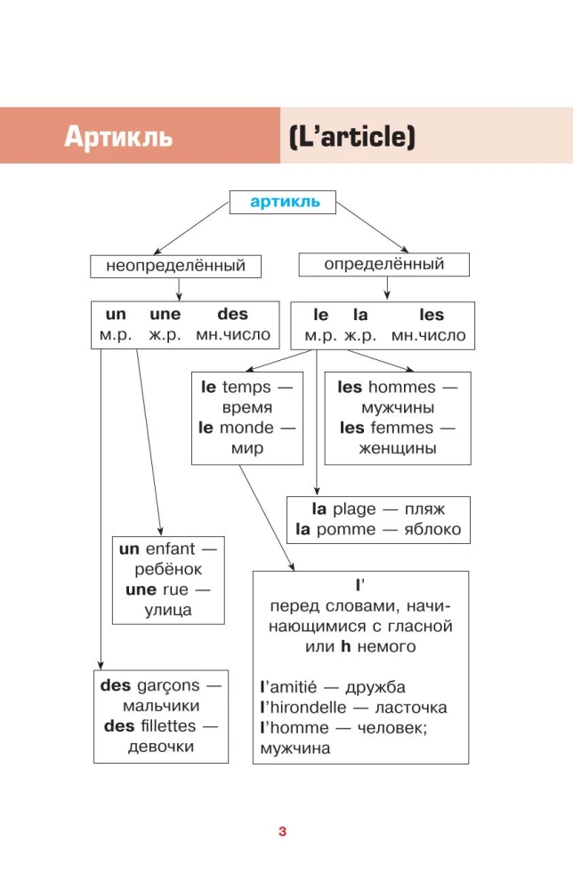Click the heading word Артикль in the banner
(x=118, y=138)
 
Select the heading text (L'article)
(x=352, y=138)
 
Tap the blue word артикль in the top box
(x=284, y=202)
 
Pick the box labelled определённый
(x=383, y=264)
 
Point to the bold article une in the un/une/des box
(x=165, y=315)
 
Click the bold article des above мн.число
(x=232, y=315)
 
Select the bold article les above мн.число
(x=432, y=315)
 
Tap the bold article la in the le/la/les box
(x=360, y=315)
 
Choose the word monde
(x=246, y=428)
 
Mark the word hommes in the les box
(x=401, y=387)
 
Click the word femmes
(x=402, y=428)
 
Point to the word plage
(x=355, y=509)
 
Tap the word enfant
(x=170, y=549)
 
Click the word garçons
(x=169, y=686)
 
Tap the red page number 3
(x=282, y=832)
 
